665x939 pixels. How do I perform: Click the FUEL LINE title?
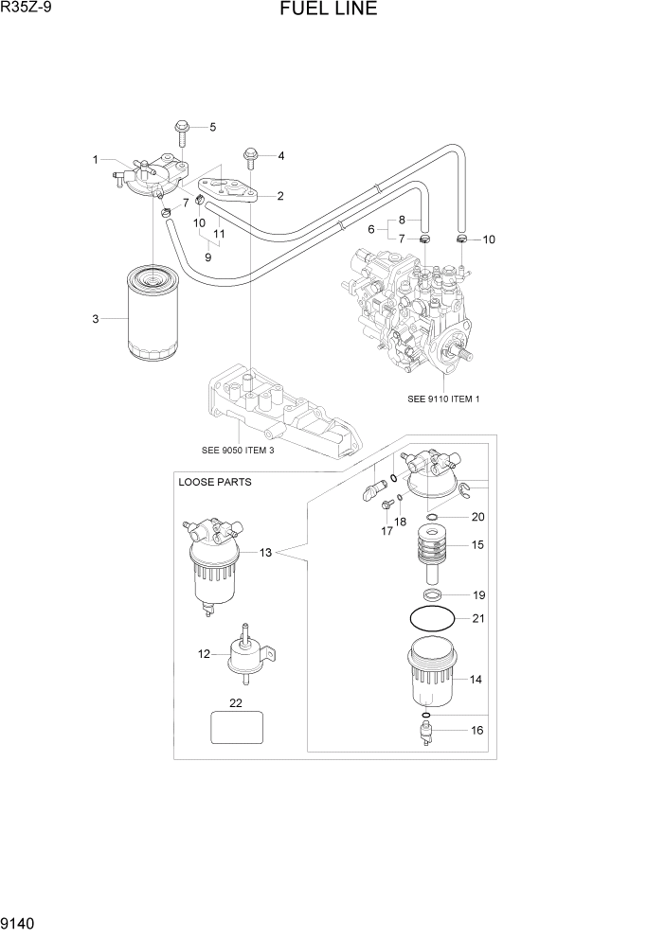[x=328, y=10]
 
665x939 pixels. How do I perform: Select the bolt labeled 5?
[x=182, y=132]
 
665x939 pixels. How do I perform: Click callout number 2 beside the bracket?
[x=280, y=196]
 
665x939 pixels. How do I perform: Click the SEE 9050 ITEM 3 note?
[x=238, y=450]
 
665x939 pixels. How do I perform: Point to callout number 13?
[x=266, y=551]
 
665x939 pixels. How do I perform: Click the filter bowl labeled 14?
[x=436, y=675]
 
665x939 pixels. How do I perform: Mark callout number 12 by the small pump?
[x=203, y=653]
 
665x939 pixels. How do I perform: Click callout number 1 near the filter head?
[x=95, y=159]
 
